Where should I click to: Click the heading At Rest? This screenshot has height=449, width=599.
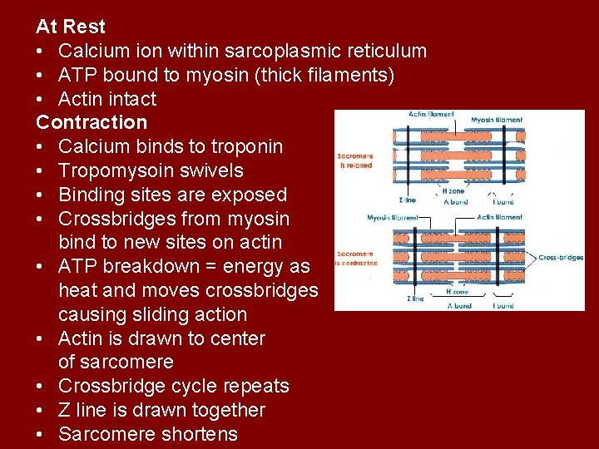coord(71,27)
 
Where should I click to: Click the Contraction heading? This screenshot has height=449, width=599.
coord(92,122)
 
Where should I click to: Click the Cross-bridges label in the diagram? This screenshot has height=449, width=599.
coord(560,258)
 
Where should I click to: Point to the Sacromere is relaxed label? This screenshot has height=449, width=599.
coord(355,160)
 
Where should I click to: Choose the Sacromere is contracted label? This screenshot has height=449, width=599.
coord(355,259)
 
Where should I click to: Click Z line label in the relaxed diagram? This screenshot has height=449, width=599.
coord(408,200)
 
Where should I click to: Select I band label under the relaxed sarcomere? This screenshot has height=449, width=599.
coord(503,201)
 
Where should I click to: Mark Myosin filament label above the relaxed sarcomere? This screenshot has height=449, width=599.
coord(497,121)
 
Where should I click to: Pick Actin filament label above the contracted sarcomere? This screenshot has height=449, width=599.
coord(499,217)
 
